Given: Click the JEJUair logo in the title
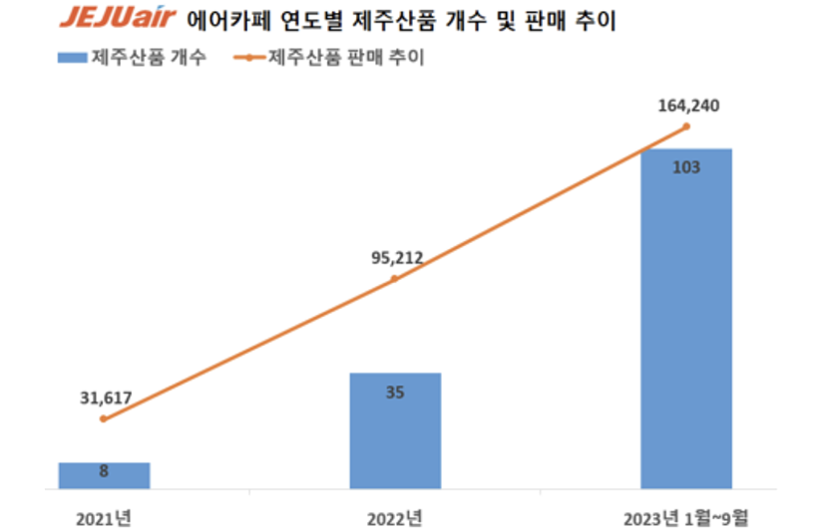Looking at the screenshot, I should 118,20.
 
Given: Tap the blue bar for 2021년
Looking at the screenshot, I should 104,475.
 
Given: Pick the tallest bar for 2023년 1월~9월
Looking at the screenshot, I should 685,319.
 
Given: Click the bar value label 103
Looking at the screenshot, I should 685,167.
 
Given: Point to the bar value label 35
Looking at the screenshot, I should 394,392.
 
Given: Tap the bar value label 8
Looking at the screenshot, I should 104,471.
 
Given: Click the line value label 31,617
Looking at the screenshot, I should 106,398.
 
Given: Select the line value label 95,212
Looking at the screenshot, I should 396,258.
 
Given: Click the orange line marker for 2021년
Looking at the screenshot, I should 104,418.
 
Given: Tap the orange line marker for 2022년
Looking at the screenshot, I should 394,279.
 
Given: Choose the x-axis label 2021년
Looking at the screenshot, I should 104,518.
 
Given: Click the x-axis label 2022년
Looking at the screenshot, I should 394,518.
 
